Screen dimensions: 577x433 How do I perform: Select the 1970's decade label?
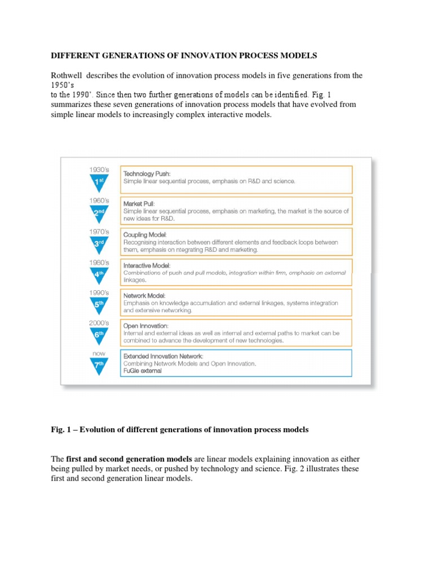(99, 232)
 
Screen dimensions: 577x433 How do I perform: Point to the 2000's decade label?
(99, 323)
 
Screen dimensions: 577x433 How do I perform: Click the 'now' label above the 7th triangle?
(99, 353)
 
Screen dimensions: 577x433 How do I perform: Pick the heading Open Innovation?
(146, 326)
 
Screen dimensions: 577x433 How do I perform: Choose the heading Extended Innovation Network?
(163, 356)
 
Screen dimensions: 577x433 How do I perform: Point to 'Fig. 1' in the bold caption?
(60, 429)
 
